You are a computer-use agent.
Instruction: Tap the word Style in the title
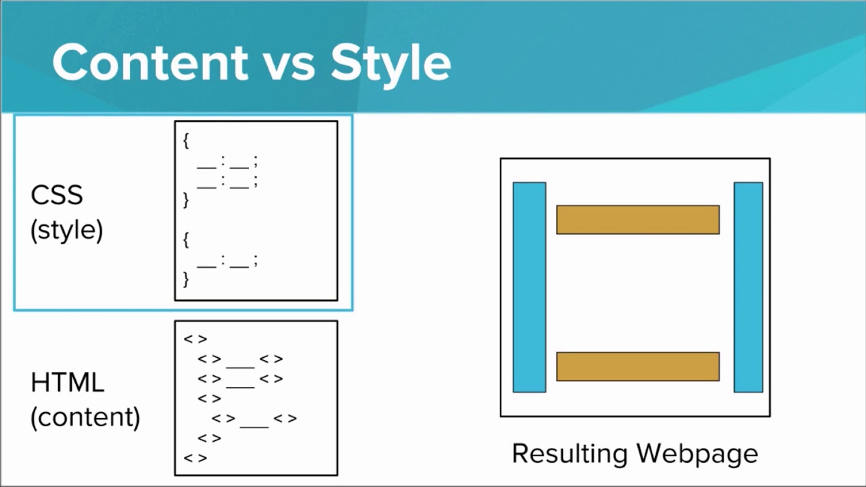click(390, 62)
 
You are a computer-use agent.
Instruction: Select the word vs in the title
click(289, 65)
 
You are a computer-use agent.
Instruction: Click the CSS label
click(57, 195)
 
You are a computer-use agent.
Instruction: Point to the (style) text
click(67, 231)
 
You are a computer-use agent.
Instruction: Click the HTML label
click(68, 383)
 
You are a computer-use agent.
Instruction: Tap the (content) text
click(85, 417)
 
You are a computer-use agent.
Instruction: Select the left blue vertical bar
click(529, 287)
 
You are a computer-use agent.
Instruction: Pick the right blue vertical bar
click(748, 287)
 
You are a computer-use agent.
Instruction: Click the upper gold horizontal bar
click(637, 220)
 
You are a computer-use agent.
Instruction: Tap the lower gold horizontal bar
click(637, 367)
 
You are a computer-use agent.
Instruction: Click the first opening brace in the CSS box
click(186, 141)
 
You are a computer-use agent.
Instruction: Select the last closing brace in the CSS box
click(186, 279)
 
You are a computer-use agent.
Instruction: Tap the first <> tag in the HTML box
click(195, 340)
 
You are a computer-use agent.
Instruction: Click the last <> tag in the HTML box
click(195, 458)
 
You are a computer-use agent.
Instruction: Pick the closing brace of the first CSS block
click(186, 200)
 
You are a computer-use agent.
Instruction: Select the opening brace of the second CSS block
click(186, 239)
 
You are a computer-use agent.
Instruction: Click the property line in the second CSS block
click(227, 260)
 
